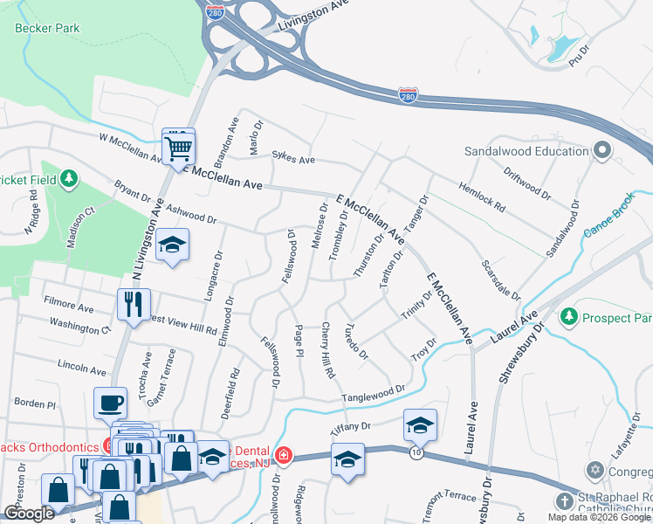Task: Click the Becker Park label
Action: click(x=47, y=28)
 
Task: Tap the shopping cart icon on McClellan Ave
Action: click(x=178, y=148)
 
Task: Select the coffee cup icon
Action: click(x=111, y=403)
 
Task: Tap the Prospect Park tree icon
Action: click(x=570, y=314)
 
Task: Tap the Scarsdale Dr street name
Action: click(x=500, y=279)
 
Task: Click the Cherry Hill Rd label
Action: click(x=327, y=350)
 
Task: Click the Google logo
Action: click(x=29, y=514)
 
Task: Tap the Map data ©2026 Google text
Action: click(x=599, y=517)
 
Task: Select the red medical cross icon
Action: click(x=284, y=456)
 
